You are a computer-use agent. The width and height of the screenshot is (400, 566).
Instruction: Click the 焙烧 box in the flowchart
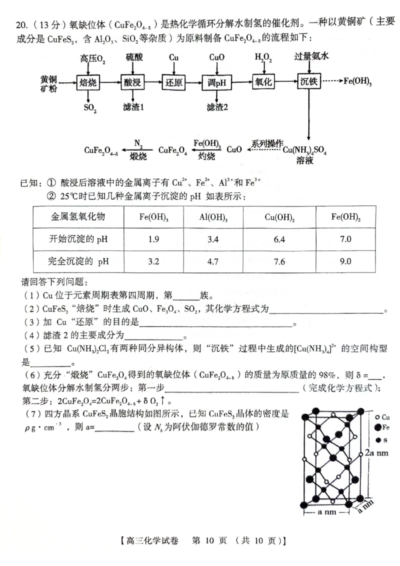(88, 82)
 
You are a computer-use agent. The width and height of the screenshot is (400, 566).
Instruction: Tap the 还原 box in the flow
(173, 82)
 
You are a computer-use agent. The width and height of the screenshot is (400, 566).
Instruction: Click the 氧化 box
(263, 81)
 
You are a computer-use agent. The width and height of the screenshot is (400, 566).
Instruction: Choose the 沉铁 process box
(308, 81)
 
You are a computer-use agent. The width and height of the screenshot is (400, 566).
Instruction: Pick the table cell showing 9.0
(345, 261)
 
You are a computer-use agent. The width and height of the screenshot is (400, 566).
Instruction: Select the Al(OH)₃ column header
(213, 217)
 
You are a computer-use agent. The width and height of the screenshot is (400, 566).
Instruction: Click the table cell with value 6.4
(279, 239)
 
